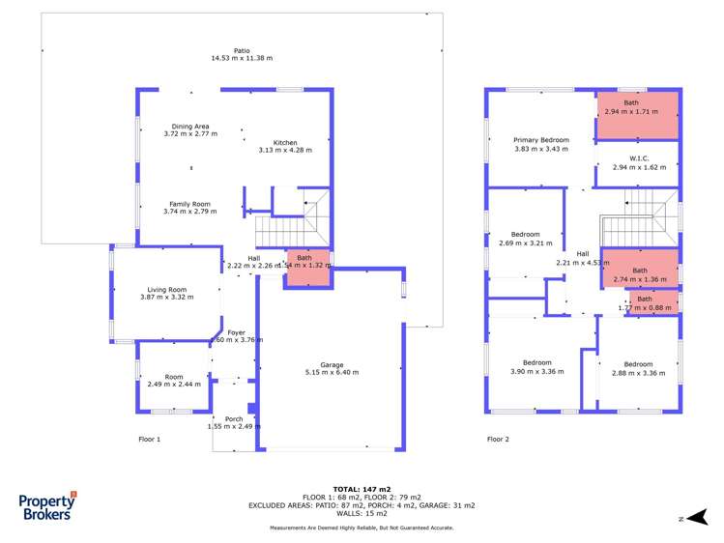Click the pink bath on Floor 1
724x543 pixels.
307,268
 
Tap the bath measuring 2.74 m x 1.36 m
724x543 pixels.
639,271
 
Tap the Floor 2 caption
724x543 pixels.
498,439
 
